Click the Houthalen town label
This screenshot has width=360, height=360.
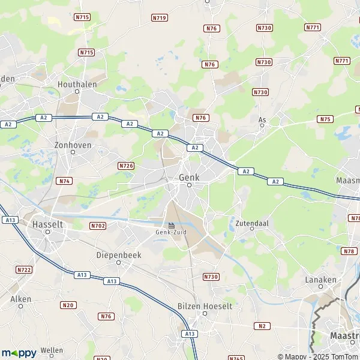pyautogui.click(x=77, y=85)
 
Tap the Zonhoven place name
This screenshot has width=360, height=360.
pyautogui.click(x=73, y=145)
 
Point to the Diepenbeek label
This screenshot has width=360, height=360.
pyautogui.click(x=118, y=254)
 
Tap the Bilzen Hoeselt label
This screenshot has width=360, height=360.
pyautogui.click(x=205, y=305)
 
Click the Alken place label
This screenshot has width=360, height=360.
pyautogui.click(x=20, y=298)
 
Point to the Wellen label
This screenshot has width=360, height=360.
pyautogui.click(x=52, y=350)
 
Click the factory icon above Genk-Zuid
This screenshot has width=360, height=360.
pyautogui.click(x=172, y=226)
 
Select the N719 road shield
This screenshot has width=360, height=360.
pyautogui.click(x=159, y=18)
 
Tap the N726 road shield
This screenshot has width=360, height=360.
pyautogui.click(x=126, y=166)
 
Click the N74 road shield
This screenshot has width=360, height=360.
pyautogui.click(x=64, y=181)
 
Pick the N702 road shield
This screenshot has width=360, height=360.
pyautogui.click(x=98, y=226)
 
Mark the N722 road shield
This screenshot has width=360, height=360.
pyautogui.click(x=25, y=269)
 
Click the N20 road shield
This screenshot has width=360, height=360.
pyautogui.click(x=68, y=305)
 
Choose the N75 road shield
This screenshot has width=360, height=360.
pyautogui.click(x=325, y=119)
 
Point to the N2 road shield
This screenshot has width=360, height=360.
pyautogui.click(x=262, y=326)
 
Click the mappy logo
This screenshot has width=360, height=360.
pyautogui.click(x=19, y=353)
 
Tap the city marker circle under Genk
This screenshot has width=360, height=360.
pyautogui.click(x=189, y=185)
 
